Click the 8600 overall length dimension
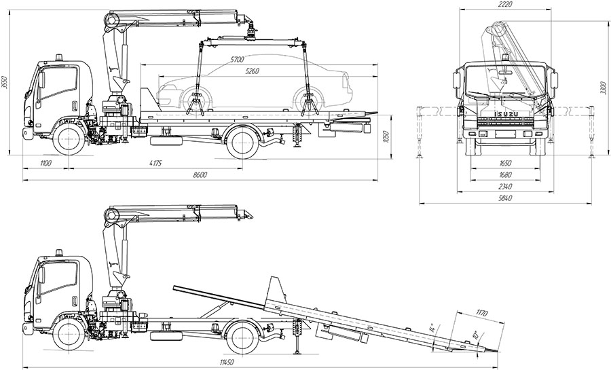[x=200, y=175]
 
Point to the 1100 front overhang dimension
[x=46, y=163]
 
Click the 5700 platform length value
[x=237, y=60]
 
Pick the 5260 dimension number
[x=253, y=71]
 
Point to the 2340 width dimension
[x=504, y=186]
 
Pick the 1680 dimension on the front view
[x=504, y=175]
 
